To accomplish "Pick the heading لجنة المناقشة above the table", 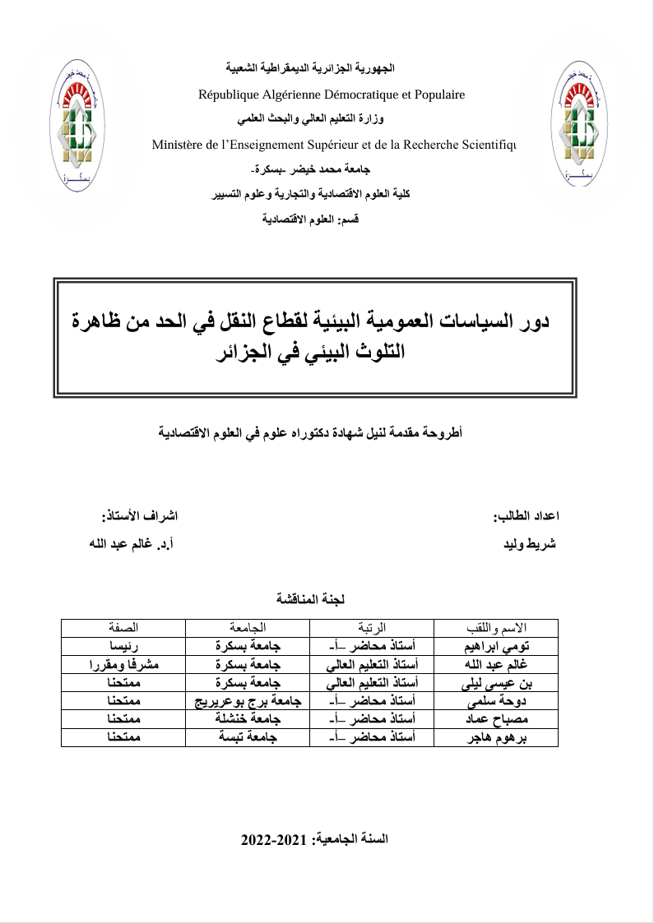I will coord(311,599).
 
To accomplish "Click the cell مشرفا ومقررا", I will coord(123,664).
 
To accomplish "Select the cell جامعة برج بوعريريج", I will coord(248,701).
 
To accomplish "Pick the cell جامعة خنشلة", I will coord(248,719).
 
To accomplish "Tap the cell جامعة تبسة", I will coord(248,738).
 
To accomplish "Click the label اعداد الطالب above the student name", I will coord(526,517).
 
